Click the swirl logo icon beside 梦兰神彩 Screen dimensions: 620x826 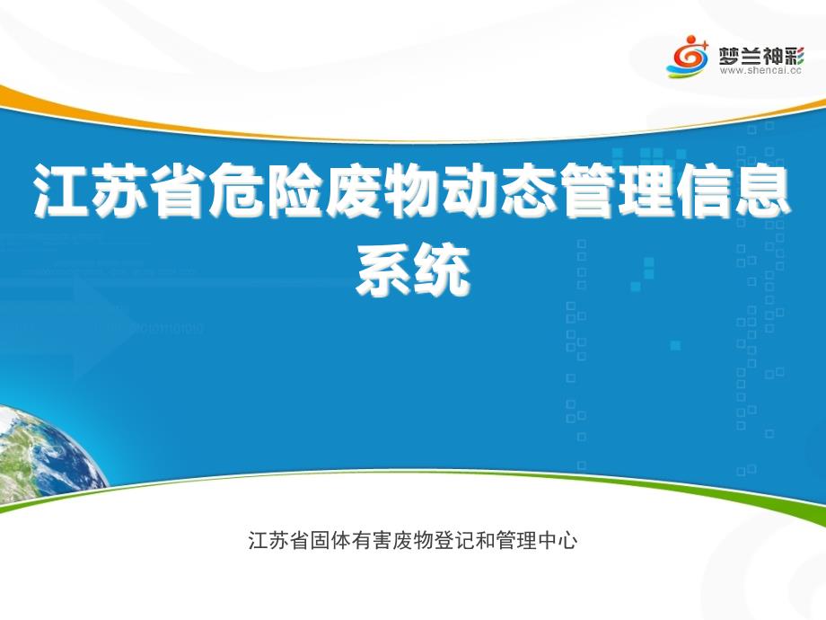click(x=689, y=56)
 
